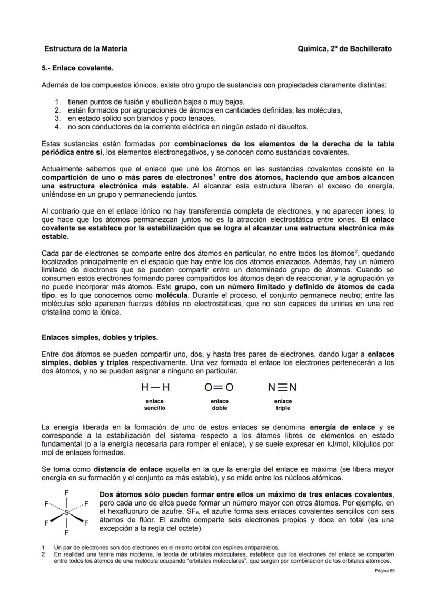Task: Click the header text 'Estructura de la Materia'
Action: pyautogui.click(x=85, y=49)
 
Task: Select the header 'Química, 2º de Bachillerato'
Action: pyautogui.click(x=344, y=49)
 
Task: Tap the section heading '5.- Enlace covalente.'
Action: pyautogui.click(x=77, y=68)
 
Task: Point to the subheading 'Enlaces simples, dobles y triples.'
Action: pyautogui.click(x=100, y=337)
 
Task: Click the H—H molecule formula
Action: pyautogui.click(x=155, y=388)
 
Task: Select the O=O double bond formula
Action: pyautogui.click(x=219, y=388)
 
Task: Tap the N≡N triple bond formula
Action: pyautogui.click(x=282, y=388)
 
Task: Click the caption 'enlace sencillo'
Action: pyautogui.click(x=155, y=405)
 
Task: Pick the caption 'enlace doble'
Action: pyautogui.click(x=219, y=405)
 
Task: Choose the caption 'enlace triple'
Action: pyautogui.click(x=283, y=405)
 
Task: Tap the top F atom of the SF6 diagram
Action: pyautogui.click(x=66, y=493)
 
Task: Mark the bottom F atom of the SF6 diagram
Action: pyautogui.click(x=66, y=532)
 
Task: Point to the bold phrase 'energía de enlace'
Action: pyautogui.click(x=342, y=427)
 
